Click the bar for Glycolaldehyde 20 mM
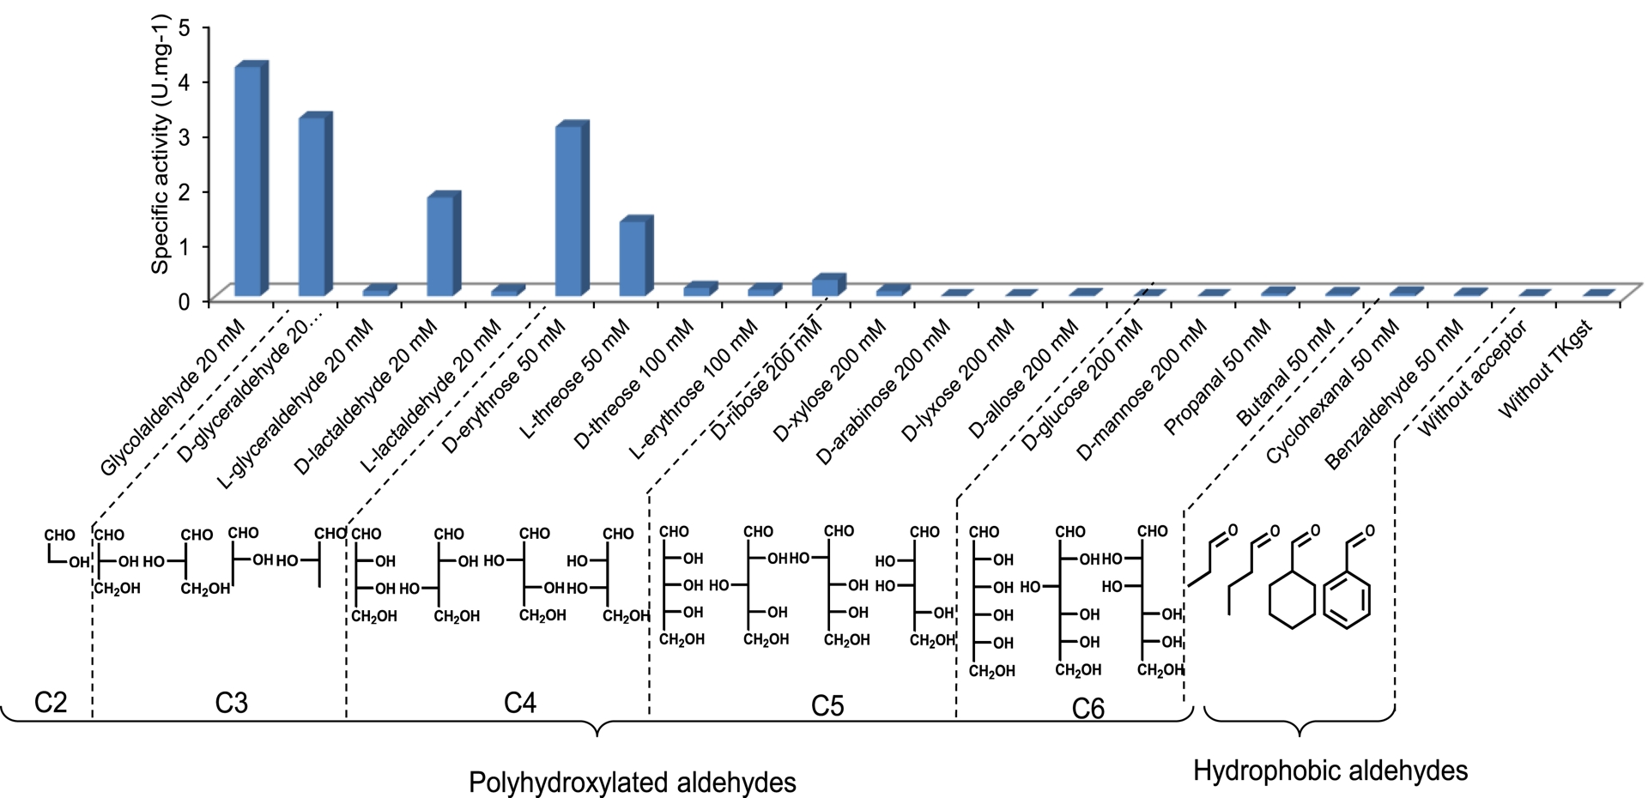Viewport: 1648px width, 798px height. [x=249, y=180]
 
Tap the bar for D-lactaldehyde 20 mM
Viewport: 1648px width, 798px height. [x=441, y=245]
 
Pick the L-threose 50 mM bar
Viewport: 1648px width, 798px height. [x=633, y=257]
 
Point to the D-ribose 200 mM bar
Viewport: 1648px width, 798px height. [x=826, y=287]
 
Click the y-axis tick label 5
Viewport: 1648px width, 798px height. [x=183, y=27]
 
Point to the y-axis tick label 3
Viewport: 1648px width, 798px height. [x=183, y=136]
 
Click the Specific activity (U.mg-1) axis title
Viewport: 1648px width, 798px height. [x=161, y=144]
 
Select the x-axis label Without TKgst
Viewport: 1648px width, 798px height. [x=1545, y=371]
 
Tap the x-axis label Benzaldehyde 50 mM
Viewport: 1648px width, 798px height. [x=1394, y=395]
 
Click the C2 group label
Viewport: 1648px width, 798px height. [x=51, y=703]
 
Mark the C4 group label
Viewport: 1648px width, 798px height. [x=520, y=703]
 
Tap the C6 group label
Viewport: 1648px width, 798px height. [x=1088, y=708]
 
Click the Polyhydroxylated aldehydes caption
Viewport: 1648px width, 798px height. [x=632, y=783]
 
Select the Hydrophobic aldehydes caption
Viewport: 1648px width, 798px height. [x=1330, y=771]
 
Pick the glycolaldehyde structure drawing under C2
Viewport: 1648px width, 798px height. [x=64, y=550]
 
